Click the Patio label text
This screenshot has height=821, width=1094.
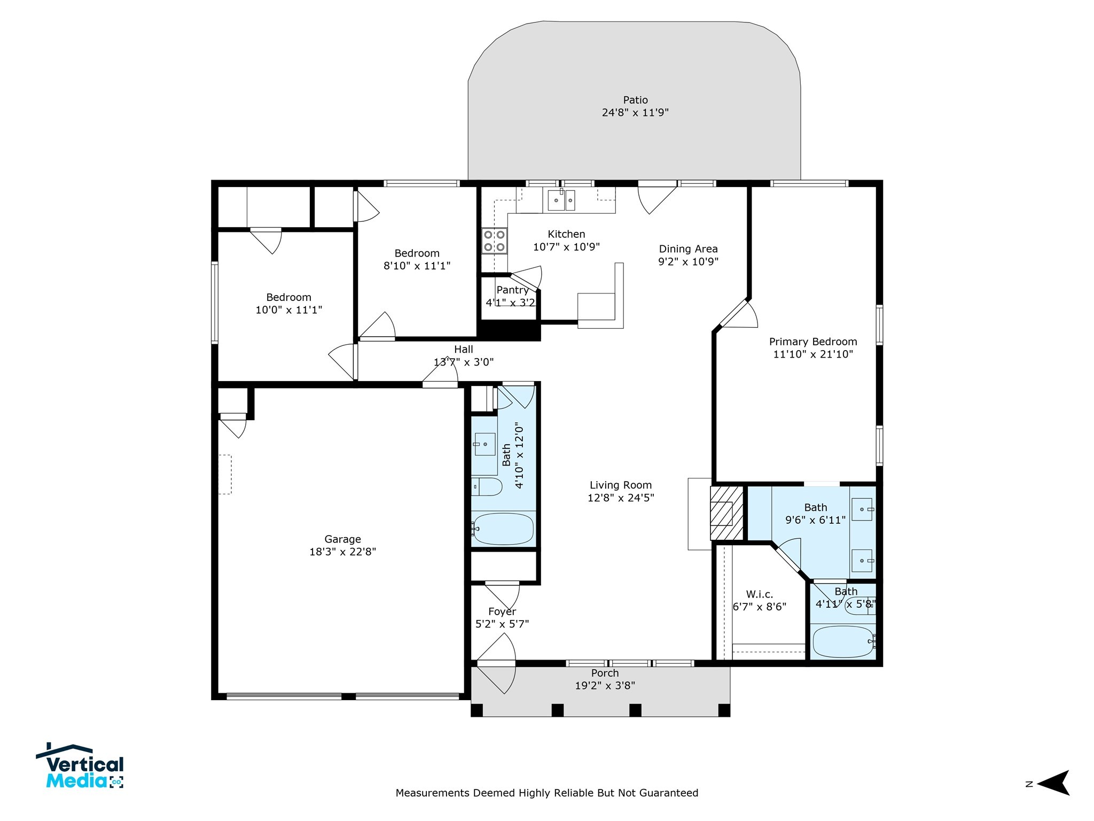coord(635,100)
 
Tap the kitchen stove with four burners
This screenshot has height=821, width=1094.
coord(494,241)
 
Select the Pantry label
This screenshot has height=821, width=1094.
coord(512,290)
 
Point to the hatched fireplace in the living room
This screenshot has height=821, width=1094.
coord(726,514)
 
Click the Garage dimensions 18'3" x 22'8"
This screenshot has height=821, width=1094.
coord(342,552)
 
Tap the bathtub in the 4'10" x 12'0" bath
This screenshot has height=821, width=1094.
coord(503,529)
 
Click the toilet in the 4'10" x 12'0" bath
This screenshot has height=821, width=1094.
coord(487,487)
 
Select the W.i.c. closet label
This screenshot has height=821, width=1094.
coord(759,594)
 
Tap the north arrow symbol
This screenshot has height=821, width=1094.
coord(1053,784)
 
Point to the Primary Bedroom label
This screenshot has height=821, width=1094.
coord(812,342)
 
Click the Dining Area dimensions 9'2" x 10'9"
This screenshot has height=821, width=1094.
coord(688,261)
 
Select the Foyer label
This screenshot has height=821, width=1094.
coord(502,611)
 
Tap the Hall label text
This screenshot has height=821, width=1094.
coord(463,349)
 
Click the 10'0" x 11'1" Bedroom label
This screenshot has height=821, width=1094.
coord(288,297)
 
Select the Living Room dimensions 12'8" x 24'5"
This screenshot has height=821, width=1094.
coord(621,498)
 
